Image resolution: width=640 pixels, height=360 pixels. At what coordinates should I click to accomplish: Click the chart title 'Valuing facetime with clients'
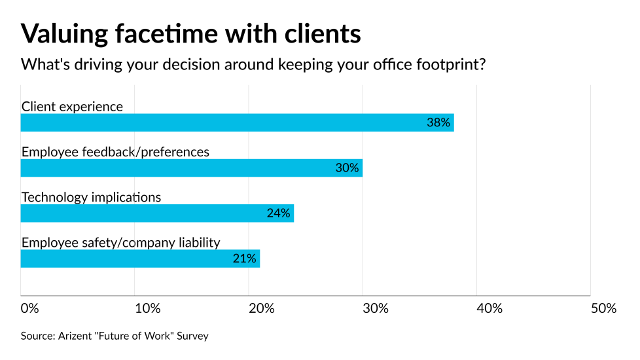coord(191,33)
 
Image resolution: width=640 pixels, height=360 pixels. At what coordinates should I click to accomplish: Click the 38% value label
coord(438,122)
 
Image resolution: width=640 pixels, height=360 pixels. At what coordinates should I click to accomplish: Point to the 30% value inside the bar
coord(347,168)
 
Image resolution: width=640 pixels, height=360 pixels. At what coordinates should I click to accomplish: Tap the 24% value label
coord(278,213)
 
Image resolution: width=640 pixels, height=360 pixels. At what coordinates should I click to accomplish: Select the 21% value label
coord(244,258)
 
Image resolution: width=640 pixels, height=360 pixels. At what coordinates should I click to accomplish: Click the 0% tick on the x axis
coord(30,308)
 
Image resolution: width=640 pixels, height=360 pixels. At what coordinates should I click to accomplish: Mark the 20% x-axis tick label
coord(261,308)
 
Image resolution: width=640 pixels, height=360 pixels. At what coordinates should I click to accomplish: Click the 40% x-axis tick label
coord(489,308)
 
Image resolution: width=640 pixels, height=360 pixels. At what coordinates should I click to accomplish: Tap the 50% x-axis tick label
coord(603,308)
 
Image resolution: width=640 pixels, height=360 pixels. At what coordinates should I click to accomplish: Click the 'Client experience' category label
coord(72,106)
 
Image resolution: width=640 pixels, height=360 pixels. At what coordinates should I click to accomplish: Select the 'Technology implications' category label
coord(91,197)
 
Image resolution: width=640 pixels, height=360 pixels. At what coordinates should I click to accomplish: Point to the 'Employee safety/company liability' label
coord(120,242)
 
